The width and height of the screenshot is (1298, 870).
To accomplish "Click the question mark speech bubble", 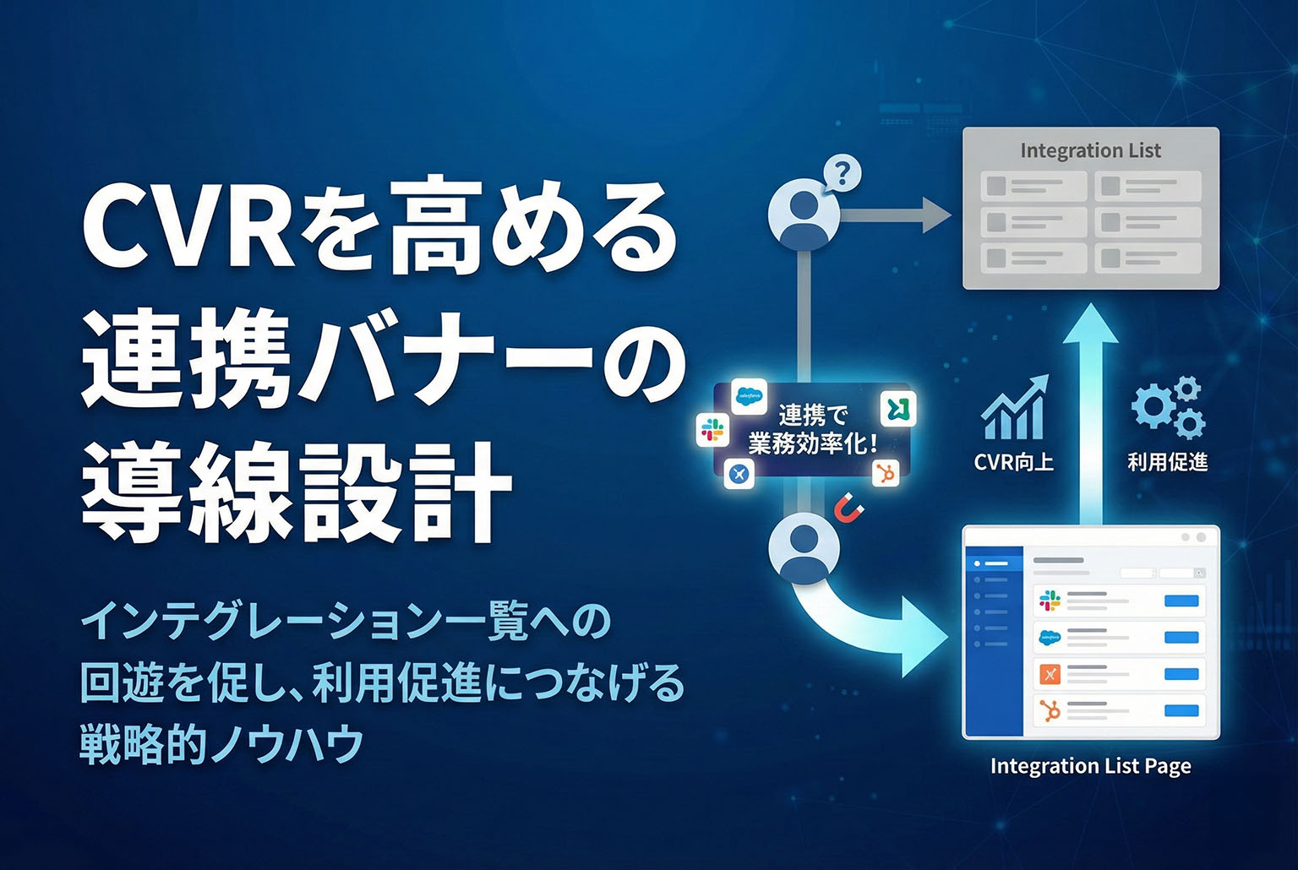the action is (842, 173).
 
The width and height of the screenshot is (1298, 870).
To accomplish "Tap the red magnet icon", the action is (849, 508).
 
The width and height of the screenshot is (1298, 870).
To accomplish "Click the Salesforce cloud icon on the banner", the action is (749, 397).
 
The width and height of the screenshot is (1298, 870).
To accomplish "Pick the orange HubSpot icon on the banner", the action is (886, 473).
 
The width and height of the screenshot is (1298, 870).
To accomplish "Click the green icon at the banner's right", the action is (898, 409).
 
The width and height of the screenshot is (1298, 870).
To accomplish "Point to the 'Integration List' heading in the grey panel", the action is (1091, 150).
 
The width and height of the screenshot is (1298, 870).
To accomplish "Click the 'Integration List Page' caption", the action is (1091, 766).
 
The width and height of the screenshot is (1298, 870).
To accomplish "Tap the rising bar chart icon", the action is (1014, 408).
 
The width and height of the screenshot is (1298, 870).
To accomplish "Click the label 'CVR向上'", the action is (1013, 462).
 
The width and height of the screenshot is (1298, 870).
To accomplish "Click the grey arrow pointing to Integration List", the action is (895, 215).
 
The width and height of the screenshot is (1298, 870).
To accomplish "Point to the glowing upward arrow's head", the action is (1091, 324).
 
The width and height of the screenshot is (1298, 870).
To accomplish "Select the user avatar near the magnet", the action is (804, 548).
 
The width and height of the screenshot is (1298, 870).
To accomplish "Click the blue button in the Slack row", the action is (1181, 601).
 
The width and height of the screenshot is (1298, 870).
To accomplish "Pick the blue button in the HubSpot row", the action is (1181, 710).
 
